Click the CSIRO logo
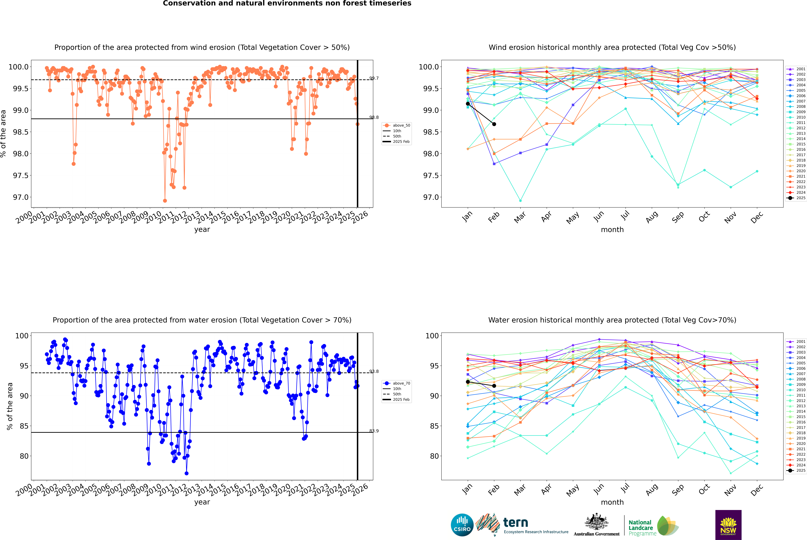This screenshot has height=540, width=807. pos(462,525)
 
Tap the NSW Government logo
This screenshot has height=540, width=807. pos(728,525)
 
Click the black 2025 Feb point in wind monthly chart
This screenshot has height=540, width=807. pos(494,124)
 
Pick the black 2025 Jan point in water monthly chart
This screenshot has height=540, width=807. pos(468,382)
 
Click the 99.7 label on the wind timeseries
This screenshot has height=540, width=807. pos(374,78)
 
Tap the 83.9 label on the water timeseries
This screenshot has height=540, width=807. pos(374,431)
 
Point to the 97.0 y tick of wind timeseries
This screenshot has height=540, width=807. pos(21,197)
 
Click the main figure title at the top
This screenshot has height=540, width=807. pos(287,3)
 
